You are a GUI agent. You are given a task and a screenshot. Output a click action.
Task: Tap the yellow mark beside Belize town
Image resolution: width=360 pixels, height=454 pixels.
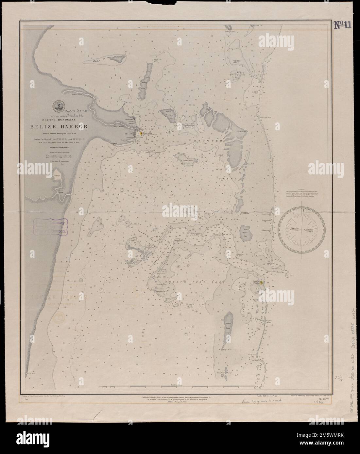coord(141,133)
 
